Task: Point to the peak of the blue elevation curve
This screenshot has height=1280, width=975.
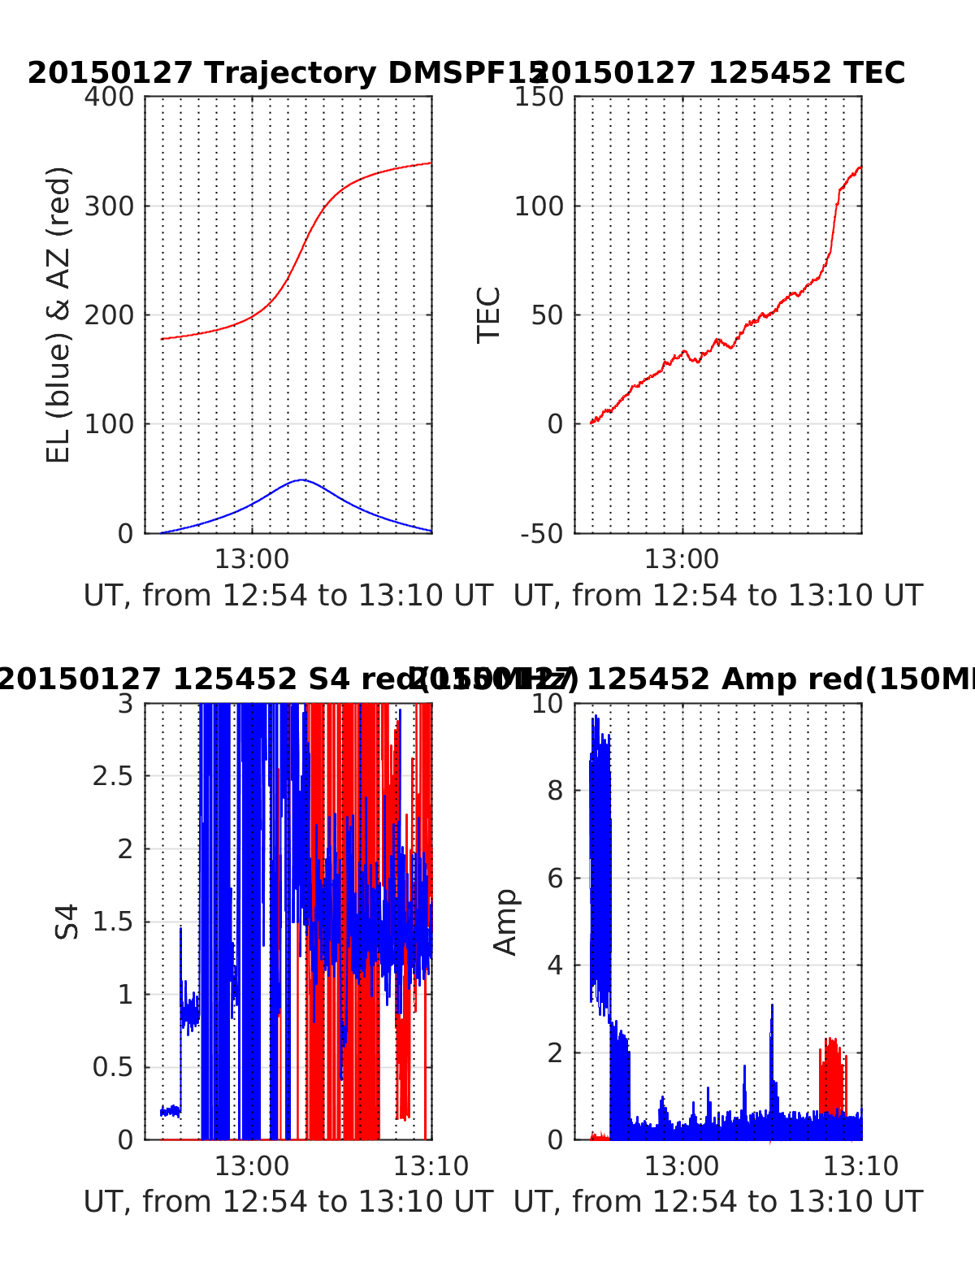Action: tap(301, 479)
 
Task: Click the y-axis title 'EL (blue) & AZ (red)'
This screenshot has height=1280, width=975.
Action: tap(58, 315)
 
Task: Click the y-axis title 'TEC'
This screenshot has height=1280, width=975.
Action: tap(488, 315)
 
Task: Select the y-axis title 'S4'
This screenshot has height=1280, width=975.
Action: tap(67, 922)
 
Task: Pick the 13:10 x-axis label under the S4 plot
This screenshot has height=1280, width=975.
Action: tap(431, 1166)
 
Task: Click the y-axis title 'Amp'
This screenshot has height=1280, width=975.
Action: tap(505, 922)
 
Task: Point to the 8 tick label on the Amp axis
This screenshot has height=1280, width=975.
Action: tap(556, 791)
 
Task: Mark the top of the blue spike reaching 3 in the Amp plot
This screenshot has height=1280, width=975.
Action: tap(772, 1006)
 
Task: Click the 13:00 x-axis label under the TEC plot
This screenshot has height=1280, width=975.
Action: tap(682, 560)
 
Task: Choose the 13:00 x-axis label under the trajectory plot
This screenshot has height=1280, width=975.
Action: tap(252, 560)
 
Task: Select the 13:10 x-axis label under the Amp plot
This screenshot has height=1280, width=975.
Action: tap(861, 1166)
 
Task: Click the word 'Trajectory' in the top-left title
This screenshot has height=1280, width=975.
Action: tap(290, 73)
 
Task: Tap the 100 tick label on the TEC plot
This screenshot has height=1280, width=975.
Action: tap(539, 206)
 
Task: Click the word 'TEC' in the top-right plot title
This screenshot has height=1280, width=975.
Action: tap(873, 73)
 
